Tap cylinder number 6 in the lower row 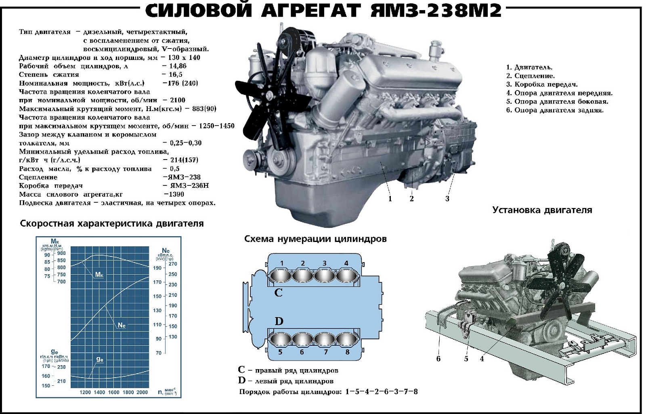[302, 338]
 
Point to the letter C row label [278, 293]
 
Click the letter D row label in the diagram [279, 322]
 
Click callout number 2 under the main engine [411, 199]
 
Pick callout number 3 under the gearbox [447, 199]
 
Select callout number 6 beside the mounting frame [438, 359]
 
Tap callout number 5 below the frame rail [466, 359]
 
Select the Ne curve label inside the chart [122, 325]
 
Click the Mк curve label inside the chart [99, 275]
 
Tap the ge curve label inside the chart [99, 359]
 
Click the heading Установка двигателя [542, 210]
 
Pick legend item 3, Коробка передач [542, 84]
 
